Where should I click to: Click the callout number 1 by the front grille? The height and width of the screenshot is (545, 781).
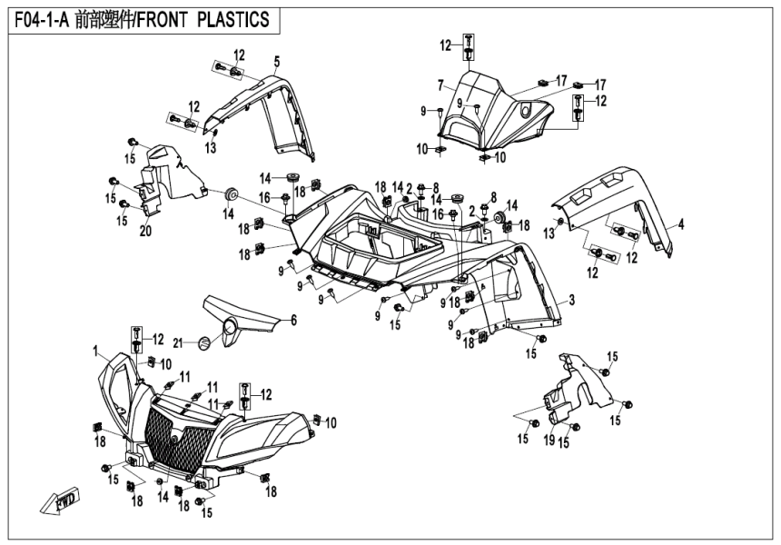coord(94,350)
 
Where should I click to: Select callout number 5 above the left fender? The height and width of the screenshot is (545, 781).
coord(277,61)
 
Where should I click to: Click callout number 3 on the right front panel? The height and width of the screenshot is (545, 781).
coord(572,298)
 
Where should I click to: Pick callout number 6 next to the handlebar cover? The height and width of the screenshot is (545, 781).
coord(293,320)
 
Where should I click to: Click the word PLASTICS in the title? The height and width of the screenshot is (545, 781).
coord(233,21)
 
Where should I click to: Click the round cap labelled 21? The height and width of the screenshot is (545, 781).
coord(203,342)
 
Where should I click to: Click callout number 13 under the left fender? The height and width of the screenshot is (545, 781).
coord(211,147)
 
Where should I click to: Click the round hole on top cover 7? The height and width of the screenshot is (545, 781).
coord(527,110)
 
